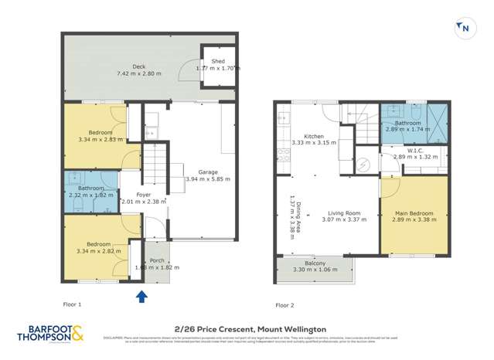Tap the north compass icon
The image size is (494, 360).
[x=465, y=28]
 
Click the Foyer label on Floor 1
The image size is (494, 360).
[x=144, y=195]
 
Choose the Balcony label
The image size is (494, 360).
[x=315, y=264]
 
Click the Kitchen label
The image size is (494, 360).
[x=313, y=136]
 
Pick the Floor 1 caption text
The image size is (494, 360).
[x=73, y=304]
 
